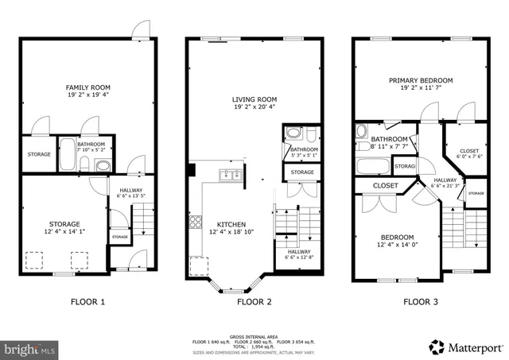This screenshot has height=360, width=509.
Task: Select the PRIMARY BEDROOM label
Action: click(421, 80)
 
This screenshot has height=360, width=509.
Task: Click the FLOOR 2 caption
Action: click(254, 302)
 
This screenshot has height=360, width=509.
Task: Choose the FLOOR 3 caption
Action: click(421, 302)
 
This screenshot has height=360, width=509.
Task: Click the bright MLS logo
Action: click(30, 349)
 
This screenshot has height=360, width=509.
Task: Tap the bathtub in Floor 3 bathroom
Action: click(372, 167)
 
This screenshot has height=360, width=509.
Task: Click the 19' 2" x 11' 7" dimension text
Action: click(421, 89)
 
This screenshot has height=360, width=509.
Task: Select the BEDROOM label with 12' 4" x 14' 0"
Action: click(396, 237)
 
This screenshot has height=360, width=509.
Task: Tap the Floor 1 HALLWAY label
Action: click(130, 190)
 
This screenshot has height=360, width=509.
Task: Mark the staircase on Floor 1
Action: click(141, 219)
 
